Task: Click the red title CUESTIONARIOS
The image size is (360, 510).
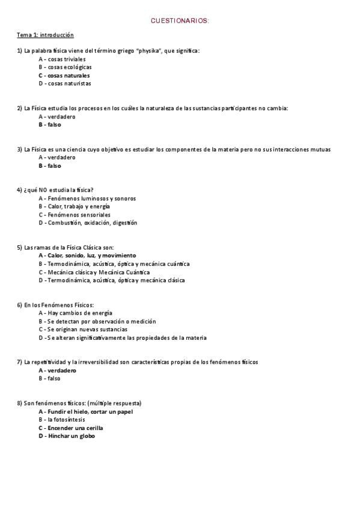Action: coord(180,21)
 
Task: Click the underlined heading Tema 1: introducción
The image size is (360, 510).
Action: coord(45,35)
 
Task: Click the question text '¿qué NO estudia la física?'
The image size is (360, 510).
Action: coord(55,190)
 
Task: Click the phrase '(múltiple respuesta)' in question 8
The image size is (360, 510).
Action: coord(114,403)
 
